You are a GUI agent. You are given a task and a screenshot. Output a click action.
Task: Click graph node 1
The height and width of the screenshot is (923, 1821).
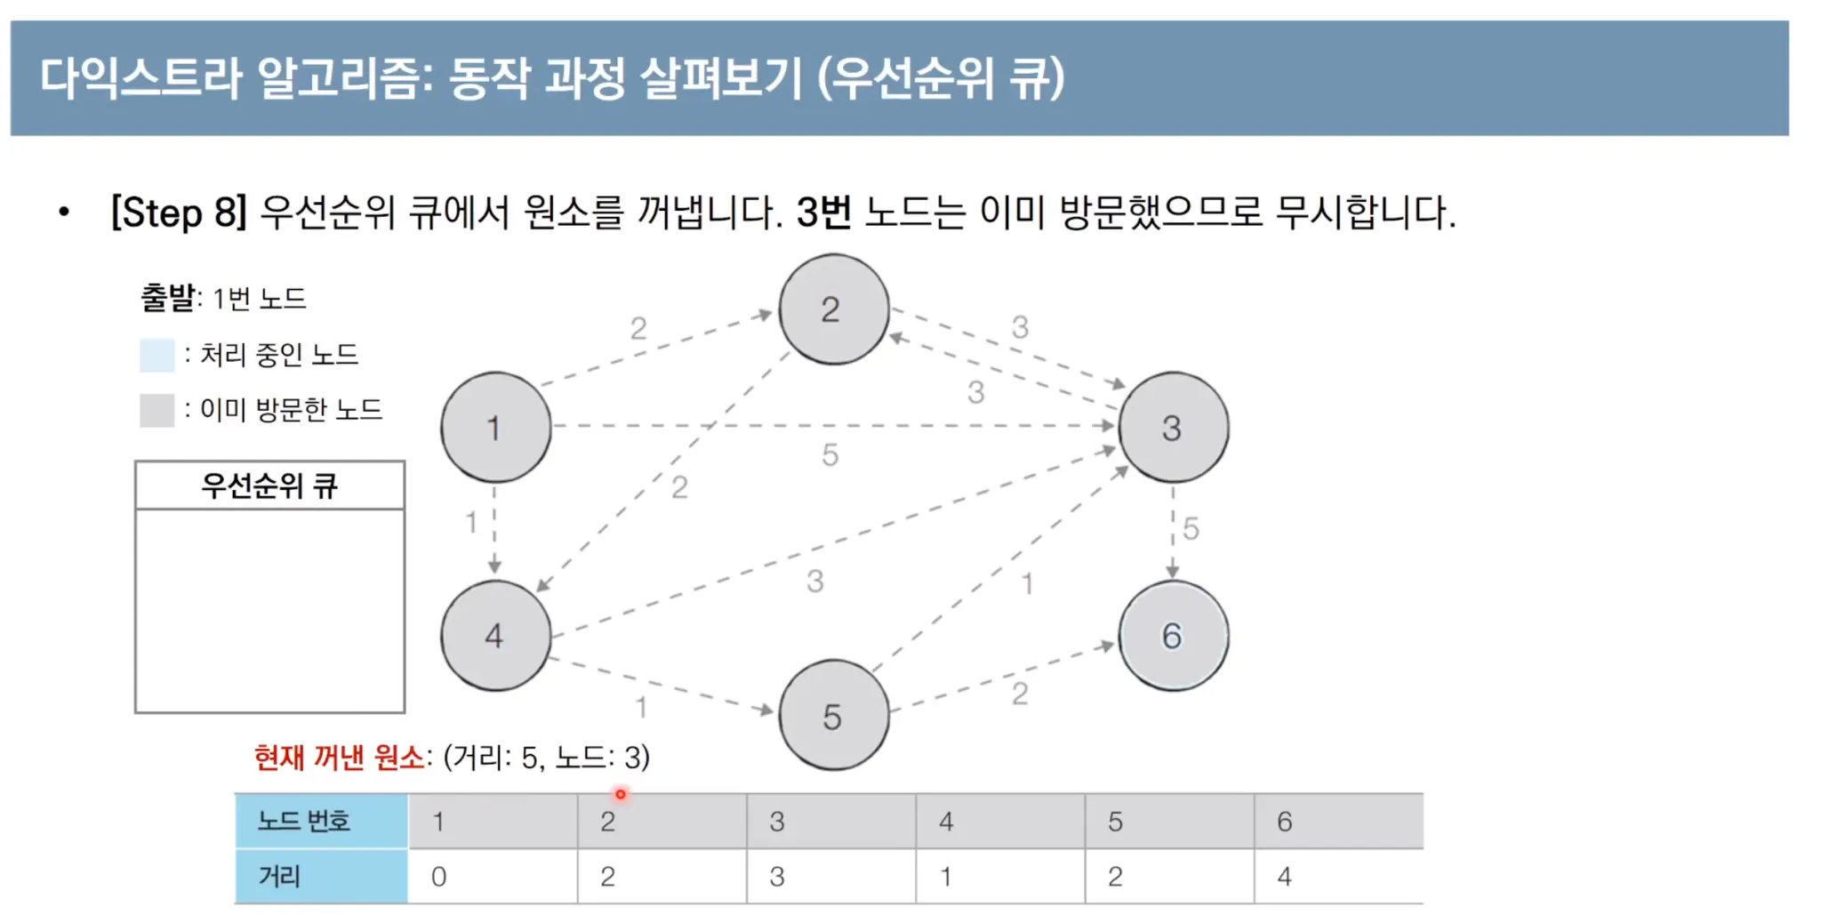pos(495,428)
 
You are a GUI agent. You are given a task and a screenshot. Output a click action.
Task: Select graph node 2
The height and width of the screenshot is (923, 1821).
pos(833,309)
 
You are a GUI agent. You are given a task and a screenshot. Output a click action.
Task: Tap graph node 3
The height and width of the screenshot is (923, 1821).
pos(1173,428)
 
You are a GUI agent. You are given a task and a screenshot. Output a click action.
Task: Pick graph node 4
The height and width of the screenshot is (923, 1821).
pos(495,636)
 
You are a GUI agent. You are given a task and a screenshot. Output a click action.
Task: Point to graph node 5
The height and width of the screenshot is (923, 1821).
pos(833,716)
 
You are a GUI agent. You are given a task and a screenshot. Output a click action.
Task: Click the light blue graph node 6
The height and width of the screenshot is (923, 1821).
pos(1173,636)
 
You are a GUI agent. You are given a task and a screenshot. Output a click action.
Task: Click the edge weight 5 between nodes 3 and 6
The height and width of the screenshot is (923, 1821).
pos(1191,529)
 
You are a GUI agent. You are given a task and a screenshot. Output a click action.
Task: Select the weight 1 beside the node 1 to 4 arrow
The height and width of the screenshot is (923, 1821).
pos(471,523)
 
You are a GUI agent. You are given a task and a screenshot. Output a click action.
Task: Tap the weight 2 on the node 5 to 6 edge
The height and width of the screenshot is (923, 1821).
pos(1020,694)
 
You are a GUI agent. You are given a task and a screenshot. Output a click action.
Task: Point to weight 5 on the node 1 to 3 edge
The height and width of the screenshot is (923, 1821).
pos(830,455)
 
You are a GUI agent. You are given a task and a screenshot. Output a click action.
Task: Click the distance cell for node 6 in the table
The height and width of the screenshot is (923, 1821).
pos(1338,877)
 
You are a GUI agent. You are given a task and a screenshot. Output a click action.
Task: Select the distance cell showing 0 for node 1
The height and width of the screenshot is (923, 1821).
pos(492,877)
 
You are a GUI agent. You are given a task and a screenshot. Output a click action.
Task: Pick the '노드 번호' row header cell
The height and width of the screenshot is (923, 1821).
pos(321,821)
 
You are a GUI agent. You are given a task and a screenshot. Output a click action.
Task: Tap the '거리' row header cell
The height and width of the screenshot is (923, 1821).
pos(321,877)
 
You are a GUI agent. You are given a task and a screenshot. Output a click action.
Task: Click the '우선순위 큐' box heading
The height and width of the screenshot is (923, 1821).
pos(269,486)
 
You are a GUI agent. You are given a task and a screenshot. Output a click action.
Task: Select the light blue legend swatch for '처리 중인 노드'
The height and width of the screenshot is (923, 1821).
pos(156,355)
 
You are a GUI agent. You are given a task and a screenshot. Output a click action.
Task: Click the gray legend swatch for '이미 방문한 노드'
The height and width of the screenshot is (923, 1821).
pos(156,410)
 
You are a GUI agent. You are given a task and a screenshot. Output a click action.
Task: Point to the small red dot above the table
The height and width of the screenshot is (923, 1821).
pos(621,794)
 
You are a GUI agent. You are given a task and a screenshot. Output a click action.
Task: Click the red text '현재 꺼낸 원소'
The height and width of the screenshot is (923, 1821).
pos(339,758)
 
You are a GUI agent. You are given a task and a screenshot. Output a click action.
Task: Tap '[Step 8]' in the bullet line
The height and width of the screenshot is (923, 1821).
pos(178,213)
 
